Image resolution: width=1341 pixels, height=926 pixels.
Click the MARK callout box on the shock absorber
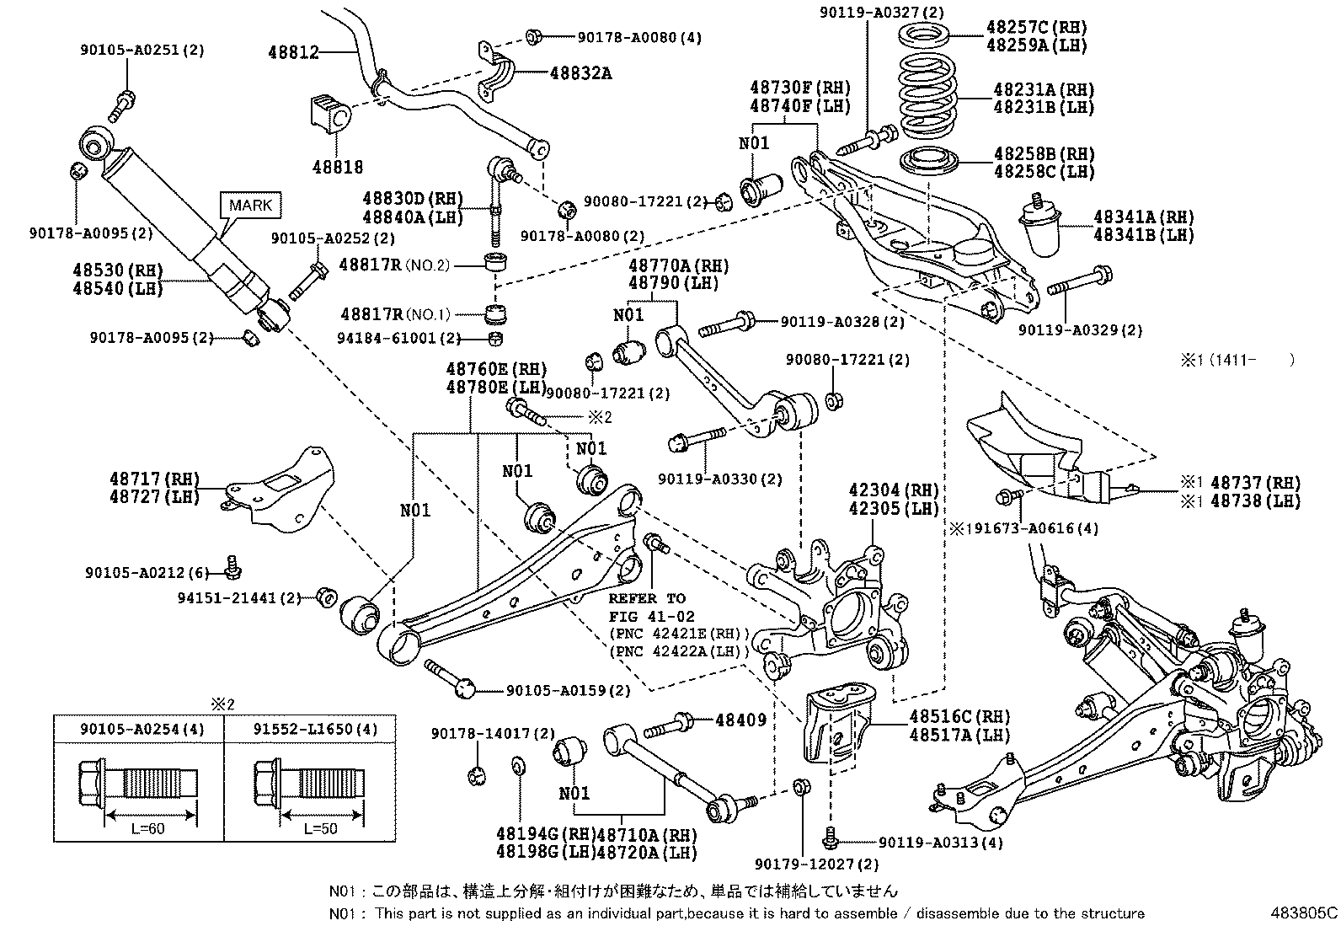pyautogui.click(x=251, y=205)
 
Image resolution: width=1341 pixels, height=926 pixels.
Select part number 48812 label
pyautogui.click(x=293, y=52)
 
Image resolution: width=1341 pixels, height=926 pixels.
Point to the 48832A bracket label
pyautogui.click(x=580, y=73)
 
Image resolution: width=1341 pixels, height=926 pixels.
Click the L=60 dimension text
pyautogui.click(x=148, y=828)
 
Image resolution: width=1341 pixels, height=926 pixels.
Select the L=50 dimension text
pyautogui.click(x=320, y=828)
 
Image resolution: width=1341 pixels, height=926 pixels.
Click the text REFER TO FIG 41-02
pyautogui.click(x=647, y=607)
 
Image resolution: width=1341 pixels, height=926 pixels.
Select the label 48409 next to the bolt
pyautogui.click(x=740, y=720)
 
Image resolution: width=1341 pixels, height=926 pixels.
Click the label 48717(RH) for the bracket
pyautogui.click(x=154, y=479)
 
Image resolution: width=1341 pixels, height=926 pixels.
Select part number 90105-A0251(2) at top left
pyautogui.click(x=142, y=51)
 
